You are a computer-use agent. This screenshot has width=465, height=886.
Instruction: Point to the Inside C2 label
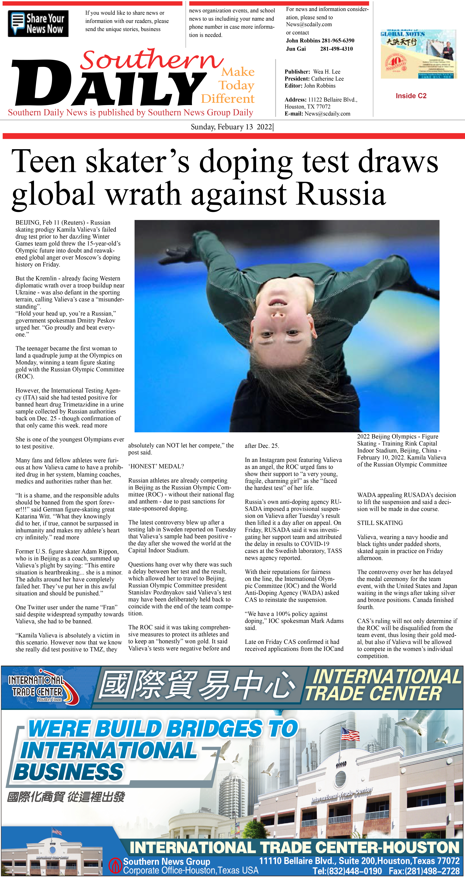(x=411, y=96)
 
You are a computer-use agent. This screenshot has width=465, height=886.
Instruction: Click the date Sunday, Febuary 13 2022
(x=231, y=127)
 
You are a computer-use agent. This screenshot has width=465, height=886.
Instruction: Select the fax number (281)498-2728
(x=424, y=871)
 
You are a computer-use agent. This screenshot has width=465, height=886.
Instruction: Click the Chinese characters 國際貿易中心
(x=196, y=685)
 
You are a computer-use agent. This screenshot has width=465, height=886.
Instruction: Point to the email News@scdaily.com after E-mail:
(x=327, y=114)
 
